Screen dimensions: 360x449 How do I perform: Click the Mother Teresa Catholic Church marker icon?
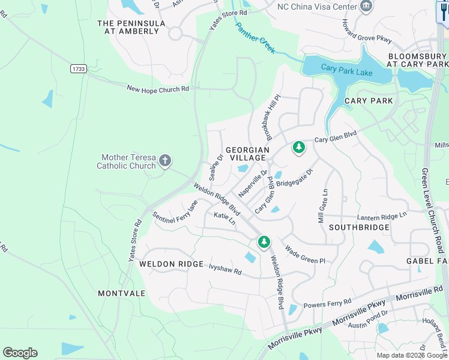(x=165, y=161)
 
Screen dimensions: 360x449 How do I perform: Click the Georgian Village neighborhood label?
(x=246, y=153)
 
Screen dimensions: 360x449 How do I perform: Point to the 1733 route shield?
(x=77, y=69)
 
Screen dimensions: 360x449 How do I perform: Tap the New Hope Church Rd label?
(x=158, y=89)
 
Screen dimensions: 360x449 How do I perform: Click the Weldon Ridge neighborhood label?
(x=166, y=264)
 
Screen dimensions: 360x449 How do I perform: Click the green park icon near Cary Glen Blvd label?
(x=298, y=147)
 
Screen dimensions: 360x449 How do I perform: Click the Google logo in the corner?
(x=20, y=353)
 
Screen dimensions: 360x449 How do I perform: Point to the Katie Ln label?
(x=224, y=218)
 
